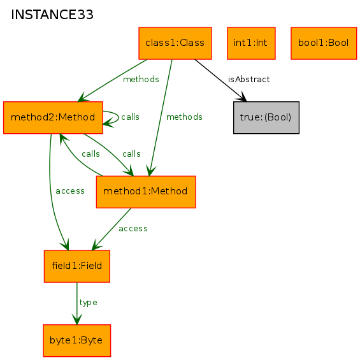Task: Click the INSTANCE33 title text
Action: (52, 15)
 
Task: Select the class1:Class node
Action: (175, 43)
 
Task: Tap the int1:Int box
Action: (251, 43)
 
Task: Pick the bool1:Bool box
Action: (324, 43)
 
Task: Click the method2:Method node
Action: (53, 117)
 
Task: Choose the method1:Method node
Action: (146, 192)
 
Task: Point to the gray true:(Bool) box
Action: (266, 117)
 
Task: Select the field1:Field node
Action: (77, 266)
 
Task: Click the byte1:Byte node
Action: (77, 340)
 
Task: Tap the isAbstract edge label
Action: (248, 80)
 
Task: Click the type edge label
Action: (88, 303)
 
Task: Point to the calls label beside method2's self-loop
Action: (130, 117)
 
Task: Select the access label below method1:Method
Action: (133, 229)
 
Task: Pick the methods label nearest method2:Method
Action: (141, 80)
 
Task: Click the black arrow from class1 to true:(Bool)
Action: (220, 80)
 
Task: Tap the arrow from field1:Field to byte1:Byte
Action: (77, 303)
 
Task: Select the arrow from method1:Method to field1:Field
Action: (112, 229)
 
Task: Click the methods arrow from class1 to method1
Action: (161, 117)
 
